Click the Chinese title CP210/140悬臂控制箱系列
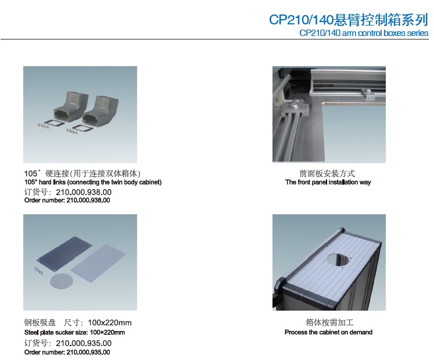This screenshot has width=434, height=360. [x=349, y=20]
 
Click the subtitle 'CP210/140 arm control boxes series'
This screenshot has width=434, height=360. [x=364, y=33]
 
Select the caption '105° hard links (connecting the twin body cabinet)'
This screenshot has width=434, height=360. [x=93, y=182]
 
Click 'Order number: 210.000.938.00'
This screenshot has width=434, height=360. [x=67, y=200]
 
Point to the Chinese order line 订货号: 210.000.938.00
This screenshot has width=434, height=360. [x=68, y=192]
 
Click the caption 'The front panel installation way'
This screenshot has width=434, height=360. [x=328, y=182]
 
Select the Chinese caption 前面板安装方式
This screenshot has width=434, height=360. [x=327, y=174]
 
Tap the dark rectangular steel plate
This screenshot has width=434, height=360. [x=65, y=254]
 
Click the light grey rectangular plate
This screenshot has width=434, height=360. [x=98, y=264]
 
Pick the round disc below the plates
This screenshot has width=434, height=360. [x=61, y=282]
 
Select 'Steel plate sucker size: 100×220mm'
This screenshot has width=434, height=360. [x=75, y=332]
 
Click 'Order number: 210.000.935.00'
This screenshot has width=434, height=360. [x=67, y=352]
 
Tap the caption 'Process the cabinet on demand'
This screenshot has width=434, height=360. [x=328, y=332]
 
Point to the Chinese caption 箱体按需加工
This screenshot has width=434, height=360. [x=329, y=322]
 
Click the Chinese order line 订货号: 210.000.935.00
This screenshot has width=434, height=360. [x=68, y=343]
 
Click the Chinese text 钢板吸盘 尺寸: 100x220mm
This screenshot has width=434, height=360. [x=78, y=323]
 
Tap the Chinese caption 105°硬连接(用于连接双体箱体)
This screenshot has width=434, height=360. [x=83, y=174]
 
